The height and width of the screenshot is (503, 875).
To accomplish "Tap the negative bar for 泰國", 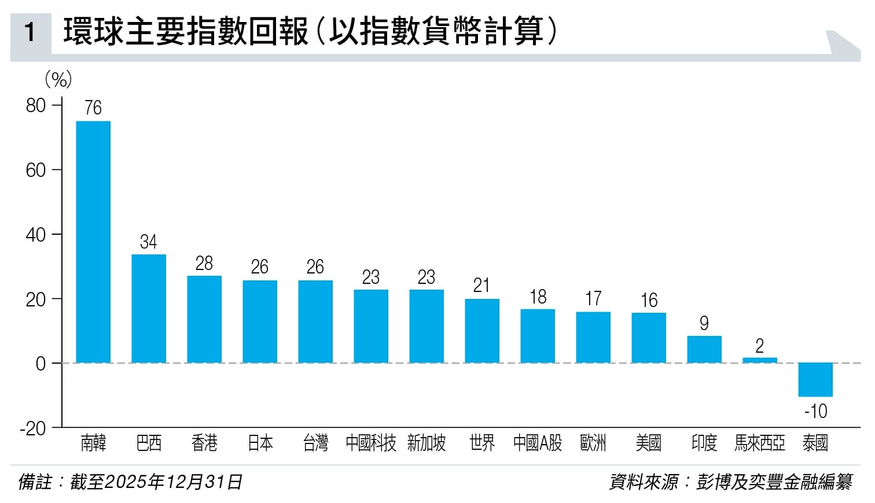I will [815, 380].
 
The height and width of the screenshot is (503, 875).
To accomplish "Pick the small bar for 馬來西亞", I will [759, 360].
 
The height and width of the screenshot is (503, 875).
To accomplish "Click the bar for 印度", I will [704, 349].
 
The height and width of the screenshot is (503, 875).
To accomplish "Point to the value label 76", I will [93, 108].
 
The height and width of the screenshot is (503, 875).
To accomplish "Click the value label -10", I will [815, 412].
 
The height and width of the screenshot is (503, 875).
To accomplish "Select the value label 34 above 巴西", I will [148, 242].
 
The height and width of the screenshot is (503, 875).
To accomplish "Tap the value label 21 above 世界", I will [481, 286].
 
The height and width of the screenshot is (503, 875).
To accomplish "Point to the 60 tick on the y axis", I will [36, 170].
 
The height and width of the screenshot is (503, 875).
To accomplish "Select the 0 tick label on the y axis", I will [41, 364].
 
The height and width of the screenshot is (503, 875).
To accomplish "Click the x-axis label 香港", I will [204, 443].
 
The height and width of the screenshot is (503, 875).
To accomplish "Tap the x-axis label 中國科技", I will [370, 443].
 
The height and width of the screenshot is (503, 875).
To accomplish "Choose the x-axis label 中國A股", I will [537, 443].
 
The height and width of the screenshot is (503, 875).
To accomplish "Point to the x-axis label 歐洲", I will [593, 443].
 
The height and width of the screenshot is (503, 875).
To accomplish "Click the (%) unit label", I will [58, 79].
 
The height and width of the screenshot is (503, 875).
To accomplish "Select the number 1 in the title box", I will [30, 32].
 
